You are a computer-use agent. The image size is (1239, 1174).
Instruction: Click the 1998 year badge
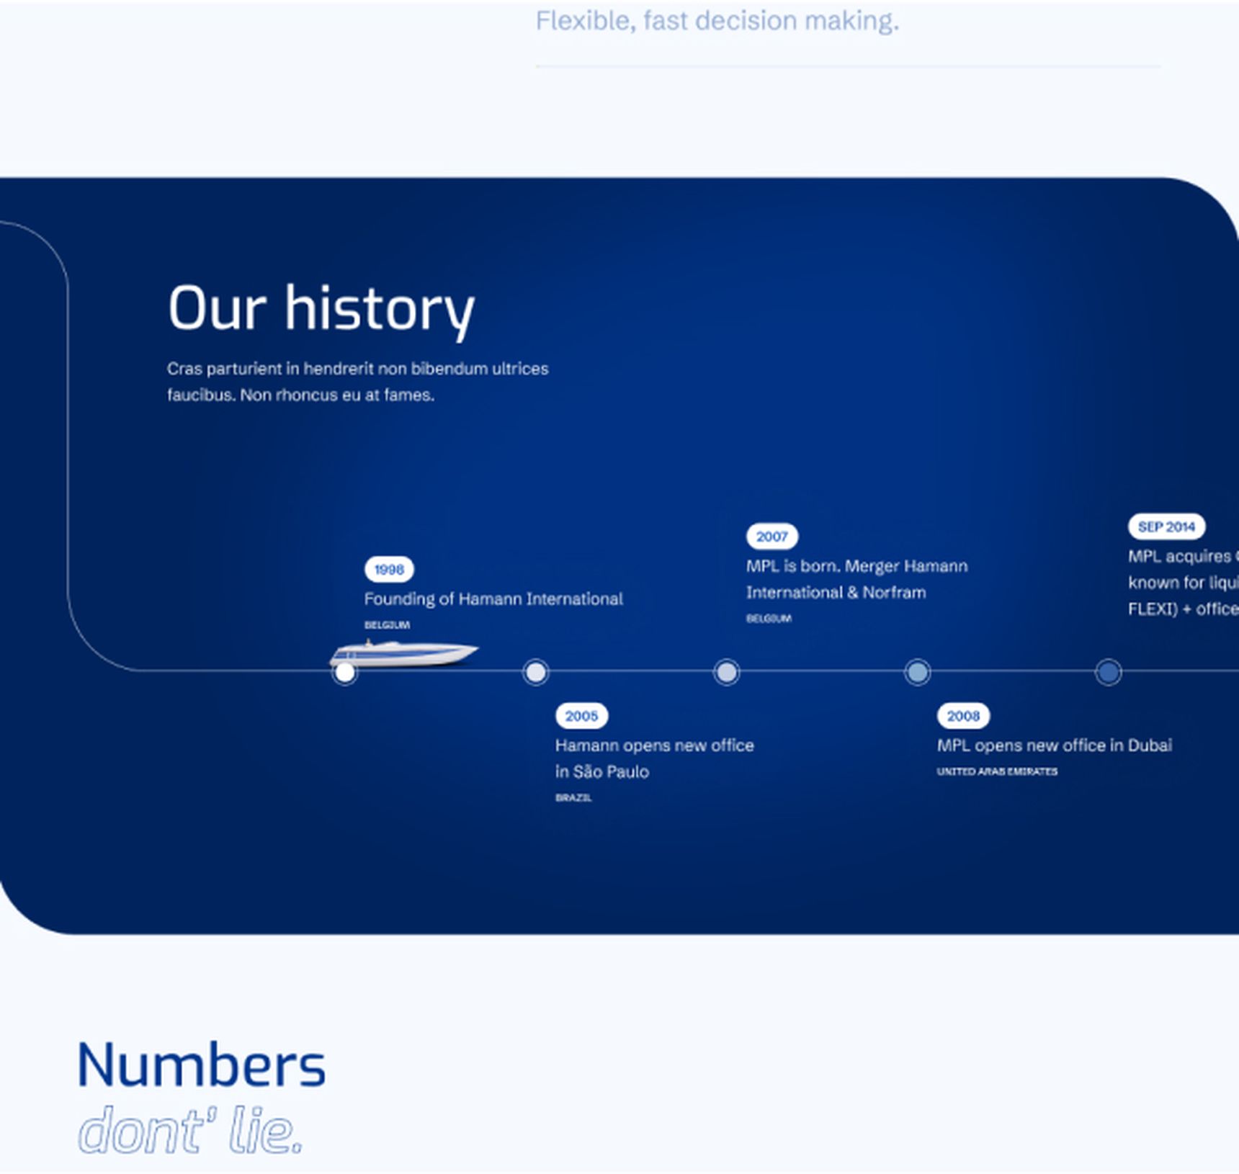point(389,570)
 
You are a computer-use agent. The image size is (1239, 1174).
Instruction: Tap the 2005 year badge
point(581,716)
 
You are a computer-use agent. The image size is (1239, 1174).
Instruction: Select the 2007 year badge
point(771,537)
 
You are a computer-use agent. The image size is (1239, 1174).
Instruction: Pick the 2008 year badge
point(963,716)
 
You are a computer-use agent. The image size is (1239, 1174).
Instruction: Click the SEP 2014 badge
point(1166,526)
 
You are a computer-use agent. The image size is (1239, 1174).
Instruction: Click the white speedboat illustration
point(403,653)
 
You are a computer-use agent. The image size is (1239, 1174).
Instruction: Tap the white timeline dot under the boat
point(345,673)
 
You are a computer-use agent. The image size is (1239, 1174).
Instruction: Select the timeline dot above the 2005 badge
point(535,673)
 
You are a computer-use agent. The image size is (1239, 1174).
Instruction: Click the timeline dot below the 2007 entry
point(726,673)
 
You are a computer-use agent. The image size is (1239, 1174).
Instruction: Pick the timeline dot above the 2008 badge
point(917,673)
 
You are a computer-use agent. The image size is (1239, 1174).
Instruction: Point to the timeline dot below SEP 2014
point(1108,673)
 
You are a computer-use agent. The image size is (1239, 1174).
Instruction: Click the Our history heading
point(321,309)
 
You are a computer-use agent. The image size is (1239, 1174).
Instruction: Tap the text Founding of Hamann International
point(493,599)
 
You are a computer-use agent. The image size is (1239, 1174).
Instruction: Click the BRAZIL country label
point(573,798)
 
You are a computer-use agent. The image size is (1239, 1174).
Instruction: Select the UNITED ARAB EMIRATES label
point(997,771)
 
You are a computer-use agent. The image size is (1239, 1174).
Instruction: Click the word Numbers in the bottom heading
point(201,1065)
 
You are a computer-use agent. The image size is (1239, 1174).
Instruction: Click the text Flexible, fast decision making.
point(717,21)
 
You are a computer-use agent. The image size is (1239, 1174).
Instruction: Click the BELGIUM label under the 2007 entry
point(769,619)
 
